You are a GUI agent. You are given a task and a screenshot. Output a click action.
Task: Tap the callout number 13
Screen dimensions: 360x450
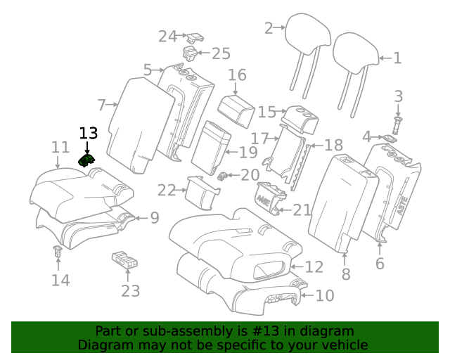point(89,133)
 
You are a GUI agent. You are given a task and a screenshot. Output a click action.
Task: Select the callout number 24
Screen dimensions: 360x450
point(167,37)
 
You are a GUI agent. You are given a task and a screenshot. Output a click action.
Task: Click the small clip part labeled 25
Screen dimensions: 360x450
point(190,53)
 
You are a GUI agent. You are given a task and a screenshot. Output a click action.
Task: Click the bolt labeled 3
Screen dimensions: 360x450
point(398,125)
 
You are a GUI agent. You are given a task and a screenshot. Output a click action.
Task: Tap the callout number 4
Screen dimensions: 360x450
point(366,136)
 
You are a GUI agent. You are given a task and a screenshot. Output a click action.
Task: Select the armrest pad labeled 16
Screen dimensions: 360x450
point(235,109)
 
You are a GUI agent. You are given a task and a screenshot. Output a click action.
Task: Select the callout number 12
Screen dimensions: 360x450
point(314,266)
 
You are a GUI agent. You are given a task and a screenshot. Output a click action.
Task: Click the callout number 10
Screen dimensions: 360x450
point(324,296)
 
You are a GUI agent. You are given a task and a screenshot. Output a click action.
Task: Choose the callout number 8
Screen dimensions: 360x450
point(345,274)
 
